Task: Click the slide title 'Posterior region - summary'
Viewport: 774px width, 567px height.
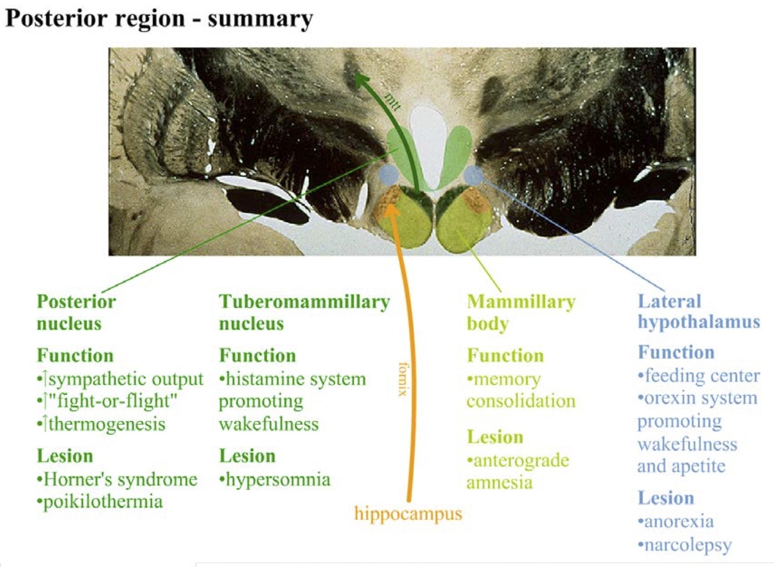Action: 158,19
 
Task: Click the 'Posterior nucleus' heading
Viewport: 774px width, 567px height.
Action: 76,312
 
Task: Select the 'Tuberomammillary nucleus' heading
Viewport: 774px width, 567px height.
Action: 303,312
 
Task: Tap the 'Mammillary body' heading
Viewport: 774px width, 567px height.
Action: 520,312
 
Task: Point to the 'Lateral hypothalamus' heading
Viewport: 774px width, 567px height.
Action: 698,311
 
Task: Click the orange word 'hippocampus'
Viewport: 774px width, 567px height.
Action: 408,514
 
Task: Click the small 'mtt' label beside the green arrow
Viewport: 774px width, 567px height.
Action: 393,102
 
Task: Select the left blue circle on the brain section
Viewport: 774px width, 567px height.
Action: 389,174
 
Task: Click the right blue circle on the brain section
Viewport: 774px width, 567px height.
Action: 473,174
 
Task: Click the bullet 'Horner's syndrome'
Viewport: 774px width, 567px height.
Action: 120,479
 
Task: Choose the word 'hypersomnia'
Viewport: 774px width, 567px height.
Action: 277,479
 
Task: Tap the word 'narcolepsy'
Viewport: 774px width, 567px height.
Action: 688,545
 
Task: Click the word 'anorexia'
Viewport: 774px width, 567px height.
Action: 679,521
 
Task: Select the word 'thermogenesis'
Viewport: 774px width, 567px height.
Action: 106,424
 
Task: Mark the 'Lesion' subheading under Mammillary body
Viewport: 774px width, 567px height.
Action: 495,437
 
